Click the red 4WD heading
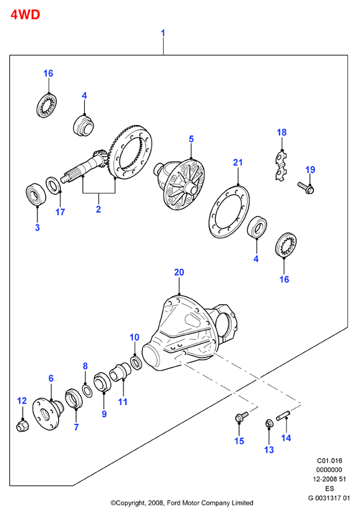pyautogui.click(x=25, y=15)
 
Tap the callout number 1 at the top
pyautogui.click(x=163, y=33)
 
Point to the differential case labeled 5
pyautogui.click(x=180, y=184)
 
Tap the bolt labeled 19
pyautogui.click(x=305, y=188)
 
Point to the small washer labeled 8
pyautogui.click(x=87, y=390)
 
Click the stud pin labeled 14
pyautogui.click(x=283, y=414)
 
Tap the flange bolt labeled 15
pyautogui.click(x=242, y=417)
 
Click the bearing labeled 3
pyautogui.click(x=36, y=195)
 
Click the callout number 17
pyautogui.click(x=60, y=212)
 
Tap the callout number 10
pyautogui.click(x=134, y=338)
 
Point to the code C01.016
pyautogui.click(x=329, y=461)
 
